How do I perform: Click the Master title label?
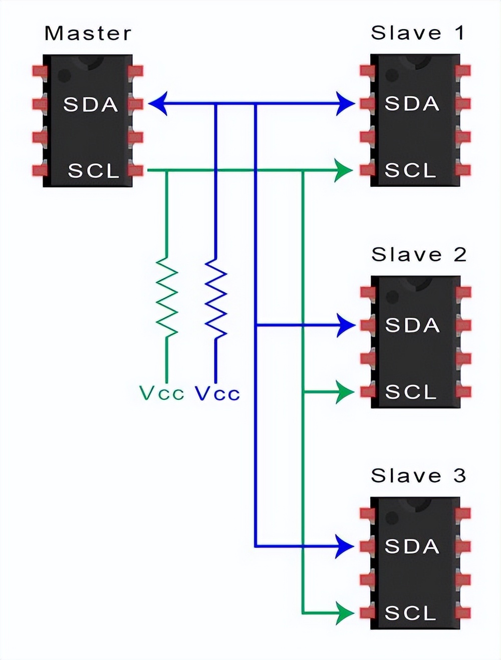[88, 34]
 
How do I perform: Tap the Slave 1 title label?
[418, 33]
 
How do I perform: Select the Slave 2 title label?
[419, 254]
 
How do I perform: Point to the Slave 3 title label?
[418, 476]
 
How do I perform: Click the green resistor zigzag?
[167, 297]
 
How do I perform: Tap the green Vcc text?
[161, 394]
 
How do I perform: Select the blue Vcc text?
[217, 394]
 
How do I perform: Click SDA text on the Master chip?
[91, 105]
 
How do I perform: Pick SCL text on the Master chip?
[94, 171]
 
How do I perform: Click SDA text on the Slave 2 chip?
[412, 325]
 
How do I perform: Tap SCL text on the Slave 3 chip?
[410, 613]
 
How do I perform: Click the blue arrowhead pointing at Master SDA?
[157, 104]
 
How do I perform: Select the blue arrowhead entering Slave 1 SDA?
[345, 104]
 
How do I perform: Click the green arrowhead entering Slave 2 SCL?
[345, 392]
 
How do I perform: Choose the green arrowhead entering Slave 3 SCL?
[345, 613]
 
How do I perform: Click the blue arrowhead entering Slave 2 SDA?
[345, 325]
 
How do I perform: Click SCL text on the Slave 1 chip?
[410, 171]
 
